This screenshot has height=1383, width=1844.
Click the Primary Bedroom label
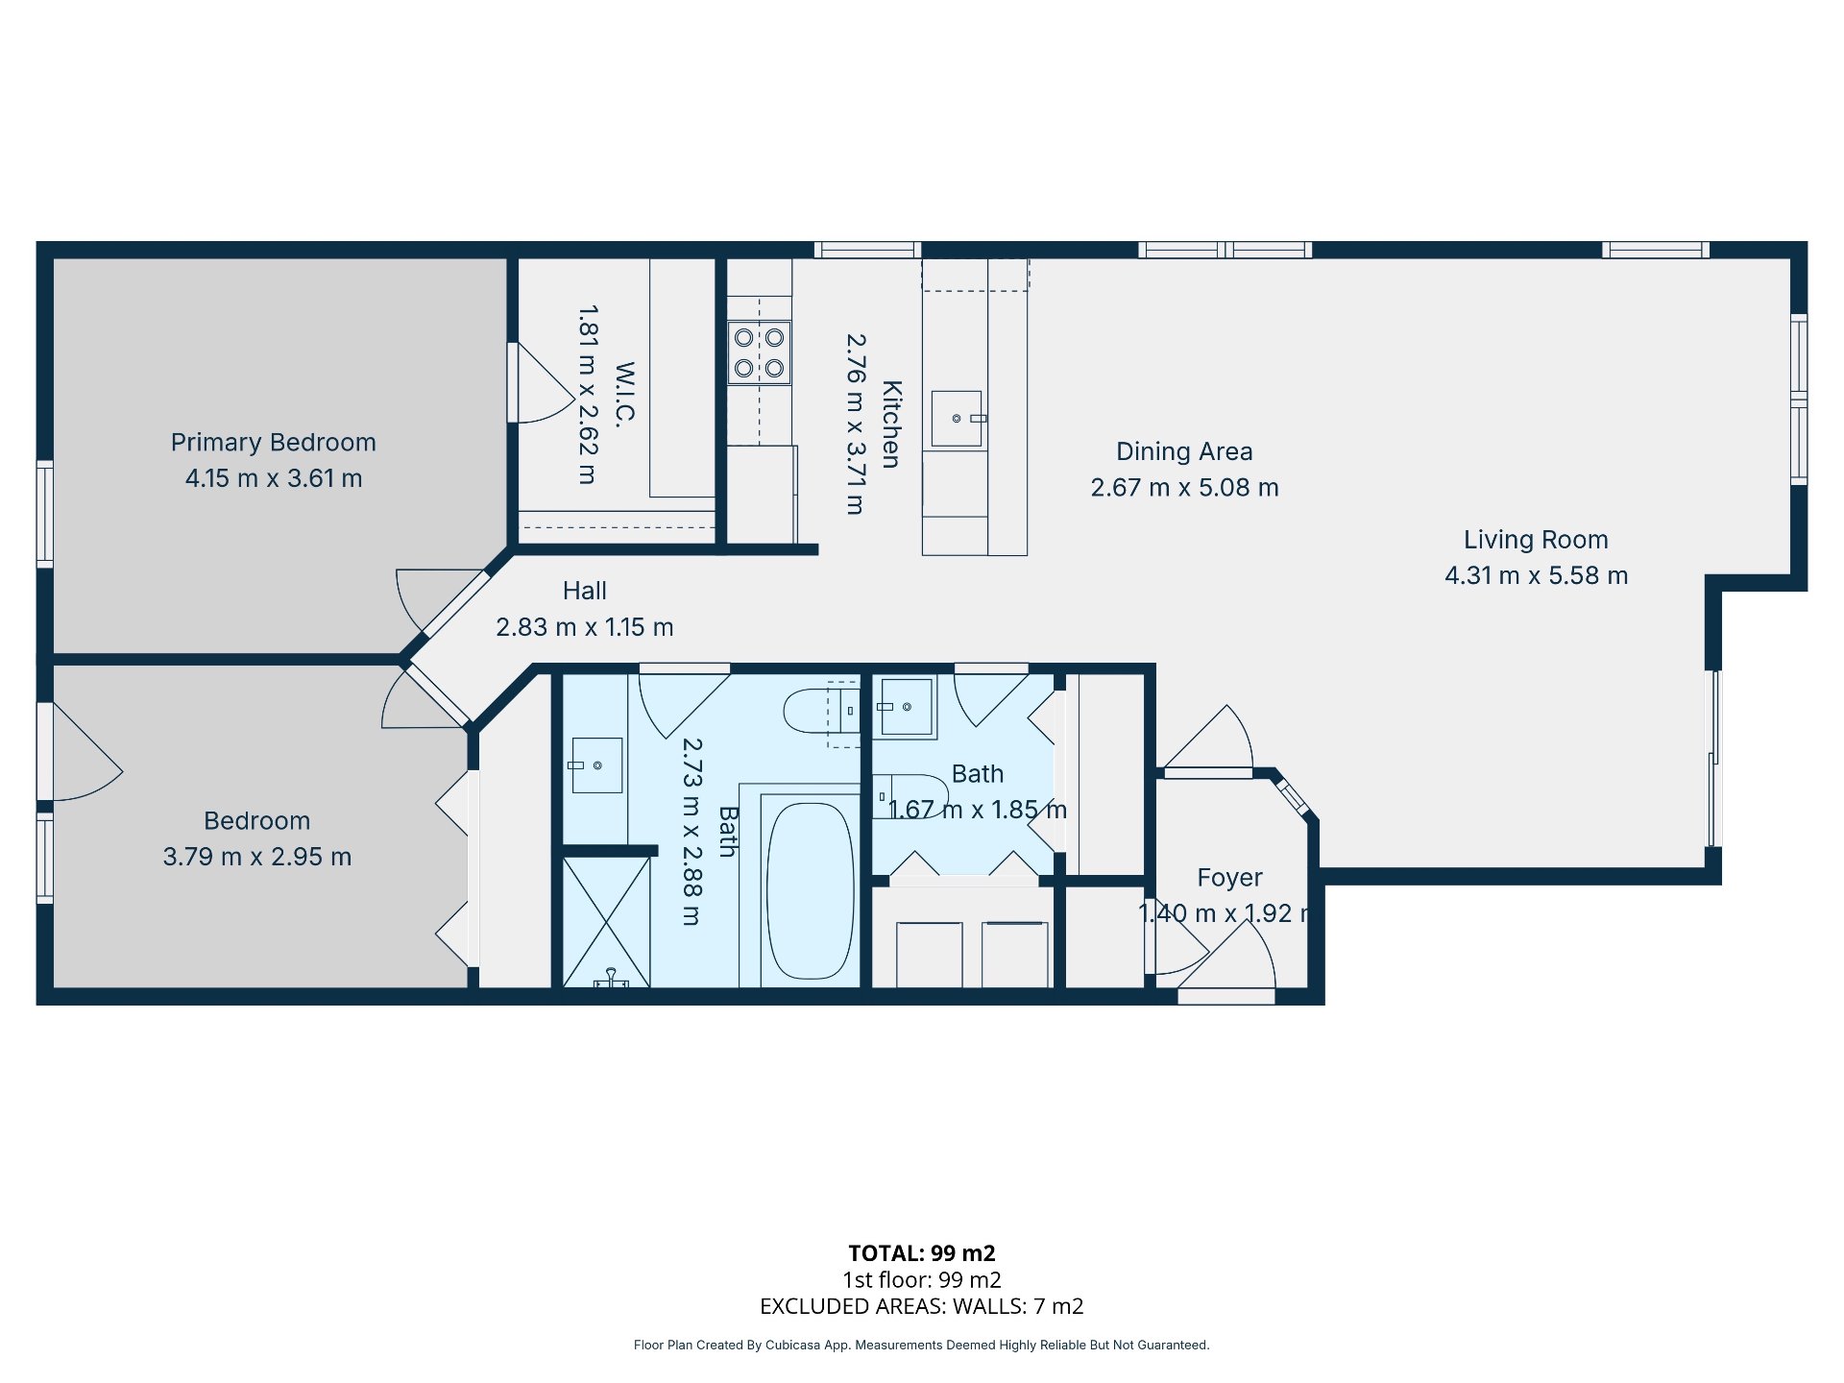tap(274, 443)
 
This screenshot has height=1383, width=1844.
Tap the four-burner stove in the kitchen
tap(759, 352)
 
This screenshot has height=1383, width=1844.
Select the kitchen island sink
tap(958, 419)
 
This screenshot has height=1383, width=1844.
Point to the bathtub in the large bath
tap(810, 890)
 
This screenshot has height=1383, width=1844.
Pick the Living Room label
tap(1536, 540)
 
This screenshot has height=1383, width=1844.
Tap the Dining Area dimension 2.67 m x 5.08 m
tap(1184, 488)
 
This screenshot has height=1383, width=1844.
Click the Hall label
tap(585, 591)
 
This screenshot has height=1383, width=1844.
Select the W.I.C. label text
tap(624, 394)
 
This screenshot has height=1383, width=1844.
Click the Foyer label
tap(1229, 878)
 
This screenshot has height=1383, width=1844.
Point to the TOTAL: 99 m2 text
tap(922, 1253)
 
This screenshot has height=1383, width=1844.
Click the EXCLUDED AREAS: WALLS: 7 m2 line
tap(922, 1306)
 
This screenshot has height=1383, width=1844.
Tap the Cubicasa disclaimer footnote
tap(922, 1345)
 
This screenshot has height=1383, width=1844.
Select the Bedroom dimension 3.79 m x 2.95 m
tap(257, 857)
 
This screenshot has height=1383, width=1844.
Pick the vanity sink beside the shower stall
tap(596, 765)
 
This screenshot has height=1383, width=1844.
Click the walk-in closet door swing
tap(543, 383)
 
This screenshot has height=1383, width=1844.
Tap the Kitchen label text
tap(891, 425)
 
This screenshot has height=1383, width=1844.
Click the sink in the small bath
tap(906, 707)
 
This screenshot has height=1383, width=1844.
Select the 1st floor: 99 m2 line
tap(922, 1280)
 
